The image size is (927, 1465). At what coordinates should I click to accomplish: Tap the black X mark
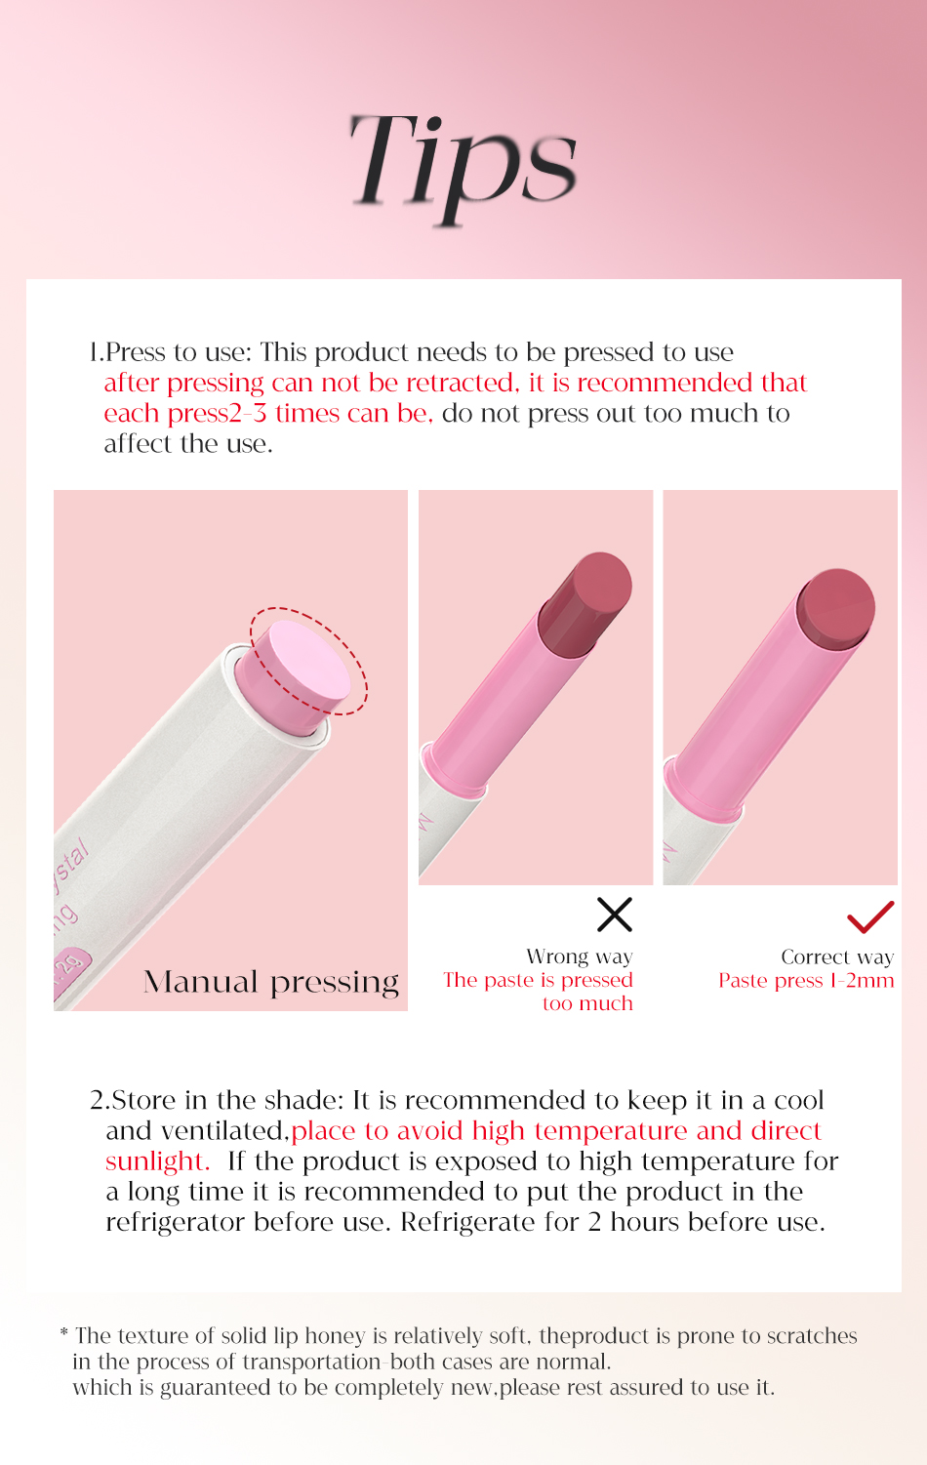pos(615,915)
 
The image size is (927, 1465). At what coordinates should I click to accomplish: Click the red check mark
pos(870,916)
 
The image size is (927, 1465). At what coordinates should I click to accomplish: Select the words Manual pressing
pos(271,982)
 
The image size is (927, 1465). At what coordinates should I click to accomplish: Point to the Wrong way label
pos(580,956)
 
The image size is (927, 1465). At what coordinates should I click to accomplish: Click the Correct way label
pos(837,957)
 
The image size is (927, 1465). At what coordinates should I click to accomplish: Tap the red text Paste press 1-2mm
pos(806,981)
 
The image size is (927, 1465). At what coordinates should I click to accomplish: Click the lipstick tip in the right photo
pos(835,607)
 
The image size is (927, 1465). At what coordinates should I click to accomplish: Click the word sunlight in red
pos(156,1161)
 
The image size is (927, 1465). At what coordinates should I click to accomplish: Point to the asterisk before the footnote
pos(64,1333)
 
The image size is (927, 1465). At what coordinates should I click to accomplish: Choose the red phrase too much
pos(587,1004)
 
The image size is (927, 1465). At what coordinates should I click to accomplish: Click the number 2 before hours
pos(594,1222)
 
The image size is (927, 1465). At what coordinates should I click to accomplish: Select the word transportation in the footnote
pos(311,1363)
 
